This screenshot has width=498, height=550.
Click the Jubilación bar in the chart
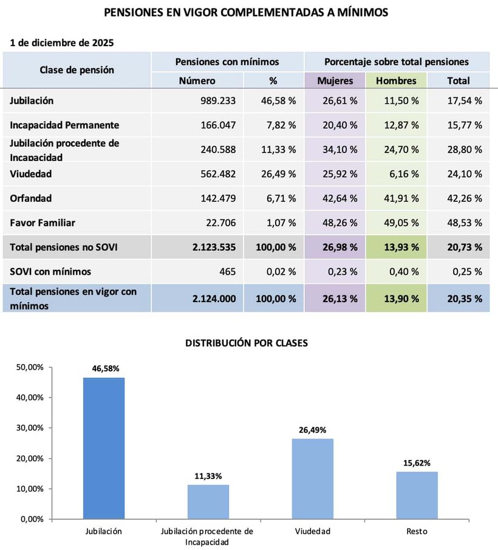point(103,449)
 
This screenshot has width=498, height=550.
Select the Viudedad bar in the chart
point(313,479)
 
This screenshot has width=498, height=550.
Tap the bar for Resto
point(417,495)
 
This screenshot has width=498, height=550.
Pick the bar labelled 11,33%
point(208,502)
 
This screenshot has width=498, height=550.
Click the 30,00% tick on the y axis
point(28,428)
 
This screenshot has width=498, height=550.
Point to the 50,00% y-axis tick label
point(28,367)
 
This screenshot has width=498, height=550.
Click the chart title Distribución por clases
point(247,343)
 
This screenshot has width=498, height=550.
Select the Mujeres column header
point(335,80)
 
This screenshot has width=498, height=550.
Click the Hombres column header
point(396,80)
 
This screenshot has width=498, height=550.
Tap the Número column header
point(197,80)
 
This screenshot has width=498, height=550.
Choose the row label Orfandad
point(31,198)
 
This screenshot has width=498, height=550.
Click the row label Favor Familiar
point(43,222)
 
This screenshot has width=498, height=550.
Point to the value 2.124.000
point(214,298)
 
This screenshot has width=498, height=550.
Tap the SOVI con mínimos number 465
point(227,271)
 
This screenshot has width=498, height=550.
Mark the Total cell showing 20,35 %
point(465,298)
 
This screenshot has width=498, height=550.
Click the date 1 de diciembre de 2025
point(62,43)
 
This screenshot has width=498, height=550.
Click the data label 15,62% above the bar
point(417,463)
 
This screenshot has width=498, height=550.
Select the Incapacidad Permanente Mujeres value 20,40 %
point(340,125)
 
